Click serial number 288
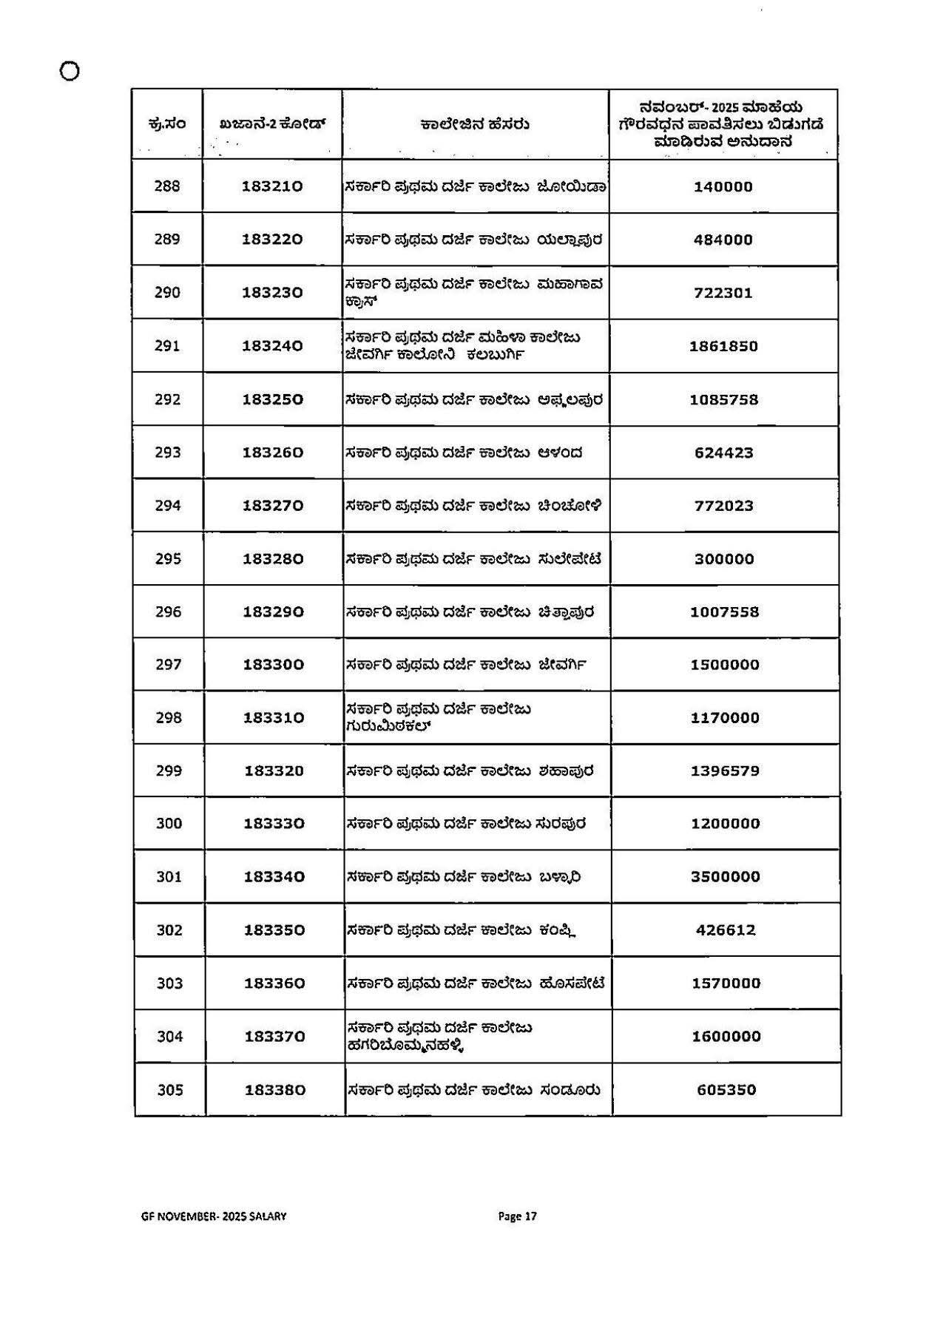[x=167, y=186]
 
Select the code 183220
[x=272, y=240]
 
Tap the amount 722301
[x=723, y=293]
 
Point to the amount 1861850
[x=723, y=346]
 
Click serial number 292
[x=167, y=399]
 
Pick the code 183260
[x=273, y=453]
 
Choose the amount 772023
[x=723, y=506]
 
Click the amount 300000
[x=724, y=559]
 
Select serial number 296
[x=168, y=612]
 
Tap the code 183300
[x=274, y=665]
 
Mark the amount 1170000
[x=725, y=718]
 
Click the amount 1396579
[x=725, y=771]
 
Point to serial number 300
[x=169, y=824]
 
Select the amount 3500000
[x=725, y=877]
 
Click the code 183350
[x=274, y=930]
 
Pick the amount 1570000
[x=726, y=983]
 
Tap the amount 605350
[x=726, y=1090]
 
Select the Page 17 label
[x=517, y=1216]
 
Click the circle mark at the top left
[x=70, y=71]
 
